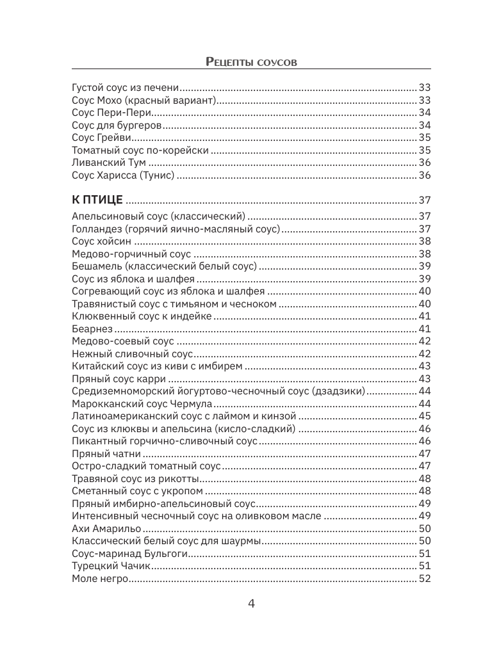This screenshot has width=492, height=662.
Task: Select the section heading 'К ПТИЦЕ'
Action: [97, 200]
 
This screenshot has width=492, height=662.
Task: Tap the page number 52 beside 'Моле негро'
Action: [424, 579]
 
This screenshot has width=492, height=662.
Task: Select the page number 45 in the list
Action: [424, 416]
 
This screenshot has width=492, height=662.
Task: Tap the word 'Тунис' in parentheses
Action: [157, 175]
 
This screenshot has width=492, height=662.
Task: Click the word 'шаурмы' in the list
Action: [242, 542]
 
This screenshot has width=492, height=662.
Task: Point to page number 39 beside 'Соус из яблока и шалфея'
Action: [424, 279]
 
